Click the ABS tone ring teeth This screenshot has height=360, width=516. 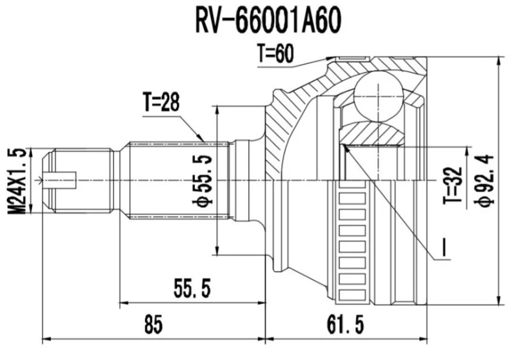tap(351, 239)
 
